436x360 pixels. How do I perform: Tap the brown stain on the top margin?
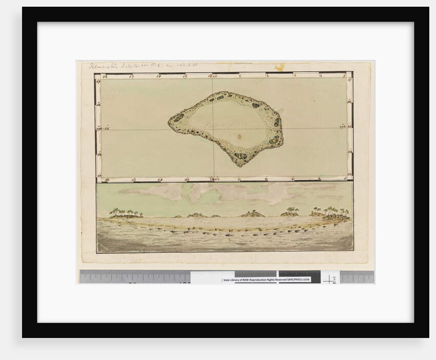(x=280, y=67)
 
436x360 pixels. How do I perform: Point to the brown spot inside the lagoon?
(x=240, y=137)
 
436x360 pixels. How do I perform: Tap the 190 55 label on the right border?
(x=343, y=127)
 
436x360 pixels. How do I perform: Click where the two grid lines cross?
(x=213, y=128)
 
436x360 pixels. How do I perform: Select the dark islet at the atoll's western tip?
(x=178, y=118)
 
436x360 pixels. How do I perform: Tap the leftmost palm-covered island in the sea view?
(x=125, y=213)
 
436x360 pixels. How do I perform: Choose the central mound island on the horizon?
(x=252, y=213)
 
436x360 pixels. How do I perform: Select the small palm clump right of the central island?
(x=290, y=211)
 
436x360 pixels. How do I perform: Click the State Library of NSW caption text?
(x=267, y=279)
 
